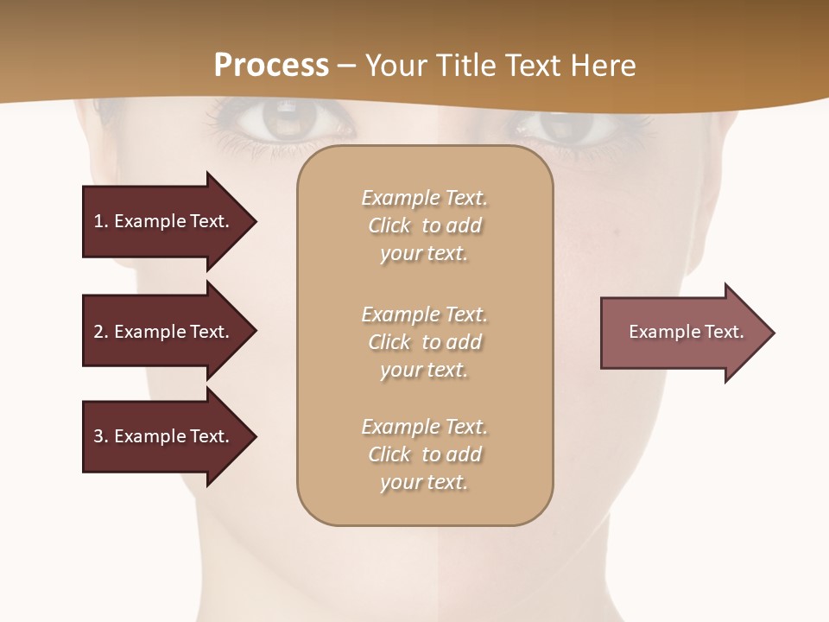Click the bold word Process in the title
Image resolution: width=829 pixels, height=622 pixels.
[271, 66]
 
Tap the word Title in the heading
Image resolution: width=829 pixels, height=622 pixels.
[465, 66]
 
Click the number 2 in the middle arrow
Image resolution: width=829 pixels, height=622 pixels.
[98, 332]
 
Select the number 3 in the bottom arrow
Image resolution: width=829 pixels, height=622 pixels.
[98, 436]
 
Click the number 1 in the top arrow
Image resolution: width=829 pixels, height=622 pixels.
[98, 221]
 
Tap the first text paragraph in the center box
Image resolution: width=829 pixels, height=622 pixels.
[425, 225]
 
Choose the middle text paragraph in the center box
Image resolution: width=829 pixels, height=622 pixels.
[425, 342]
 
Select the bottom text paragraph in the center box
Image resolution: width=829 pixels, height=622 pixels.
[425, 454]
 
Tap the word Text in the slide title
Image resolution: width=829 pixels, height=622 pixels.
[534, 66]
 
